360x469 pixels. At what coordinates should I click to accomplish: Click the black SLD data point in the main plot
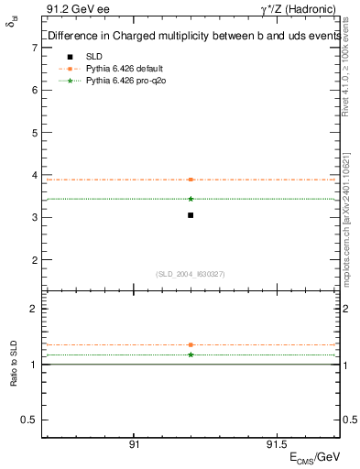(191, 215)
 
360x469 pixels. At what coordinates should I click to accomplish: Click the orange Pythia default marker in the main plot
(191, 180)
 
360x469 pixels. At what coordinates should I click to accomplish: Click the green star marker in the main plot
(191, 199)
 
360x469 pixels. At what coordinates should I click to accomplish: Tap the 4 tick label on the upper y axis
(34, 175)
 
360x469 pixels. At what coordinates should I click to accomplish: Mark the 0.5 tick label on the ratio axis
(30, 420)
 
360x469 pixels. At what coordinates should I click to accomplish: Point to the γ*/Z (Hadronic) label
(302, 10)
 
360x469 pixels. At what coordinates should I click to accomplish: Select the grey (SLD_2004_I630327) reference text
(191, 274)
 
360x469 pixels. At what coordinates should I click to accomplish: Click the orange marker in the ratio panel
(191, 345)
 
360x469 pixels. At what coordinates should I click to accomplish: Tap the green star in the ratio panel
(191, 354)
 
